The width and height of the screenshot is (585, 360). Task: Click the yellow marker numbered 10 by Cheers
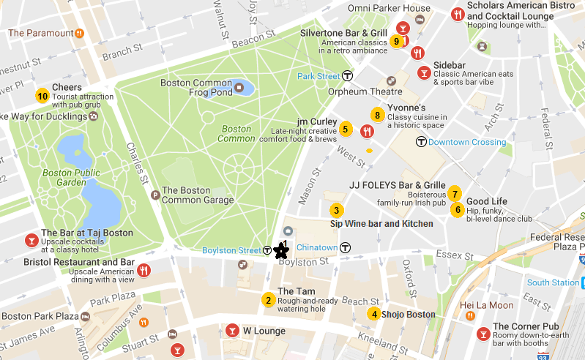coord(42,95)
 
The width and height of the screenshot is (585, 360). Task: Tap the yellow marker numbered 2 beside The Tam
coord(269,299)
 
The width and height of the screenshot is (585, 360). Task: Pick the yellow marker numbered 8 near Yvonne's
coord(377,115)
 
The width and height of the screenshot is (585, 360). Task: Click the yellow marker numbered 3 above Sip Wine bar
coord(336,209)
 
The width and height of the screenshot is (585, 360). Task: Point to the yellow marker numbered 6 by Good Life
coord(458,210)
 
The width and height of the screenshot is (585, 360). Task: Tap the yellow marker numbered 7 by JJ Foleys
coord(455,194)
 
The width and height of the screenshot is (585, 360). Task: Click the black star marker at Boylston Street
coord(280,251)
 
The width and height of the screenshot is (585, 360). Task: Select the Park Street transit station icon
coord(348,75)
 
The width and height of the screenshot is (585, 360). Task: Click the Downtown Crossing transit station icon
coord(421,141)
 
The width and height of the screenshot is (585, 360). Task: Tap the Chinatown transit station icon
coord(345,247)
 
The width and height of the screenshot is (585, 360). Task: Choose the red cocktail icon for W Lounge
coord(233,330)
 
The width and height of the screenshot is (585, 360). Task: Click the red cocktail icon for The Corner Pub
coord(483,334)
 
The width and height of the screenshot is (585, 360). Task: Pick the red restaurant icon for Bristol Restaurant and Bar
coord(144,269)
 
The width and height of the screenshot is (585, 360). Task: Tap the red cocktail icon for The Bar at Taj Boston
coord(31,240)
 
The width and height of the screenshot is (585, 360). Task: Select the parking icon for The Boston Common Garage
coord(154,195)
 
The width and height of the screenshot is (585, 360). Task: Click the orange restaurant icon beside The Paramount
coord(79,33)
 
